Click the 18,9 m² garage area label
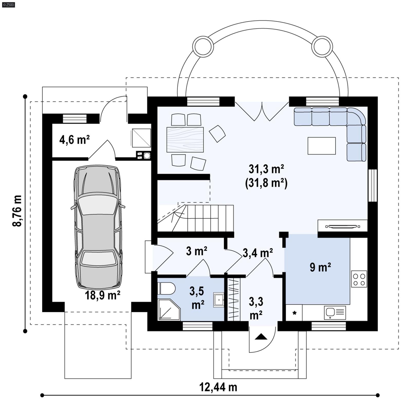pyautogui.click(x=102, y=295)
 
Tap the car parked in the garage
pyautogui.click(x=98, y=227)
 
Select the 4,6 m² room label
pyautogui.click(x=74, y=140)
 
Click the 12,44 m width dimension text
pyautogui.click(x=218, y=387)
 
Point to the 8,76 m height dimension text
pyautogui.click(x=17, y=211)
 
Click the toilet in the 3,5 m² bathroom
pyautogui.click(x=166, y=288)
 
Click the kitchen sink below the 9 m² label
pyautogui.click(x=335, y=312)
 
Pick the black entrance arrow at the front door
pyautogui.click(x=261, y=337)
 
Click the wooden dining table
pyautogui.click(x=185, y=140)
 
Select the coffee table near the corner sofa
pyautogui.click(x=322, y=146)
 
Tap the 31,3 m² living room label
pyautogui.click(x=266, y=169)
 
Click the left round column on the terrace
pyautogui.click(x=203, y=47)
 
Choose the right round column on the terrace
pyautogui.click(x=322, y=47)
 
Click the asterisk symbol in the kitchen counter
pyautogui.click(x=294, y=313)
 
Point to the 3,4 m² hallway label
pyautogui.click(x=258, y=253)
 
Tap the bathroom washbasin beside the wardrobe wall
pyautogui.click(x=218, y=300)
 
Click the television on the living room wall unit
pyautogui.click(x=343, y=226)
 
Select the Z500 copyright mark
pyautogui.click(x=8, y=4)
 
